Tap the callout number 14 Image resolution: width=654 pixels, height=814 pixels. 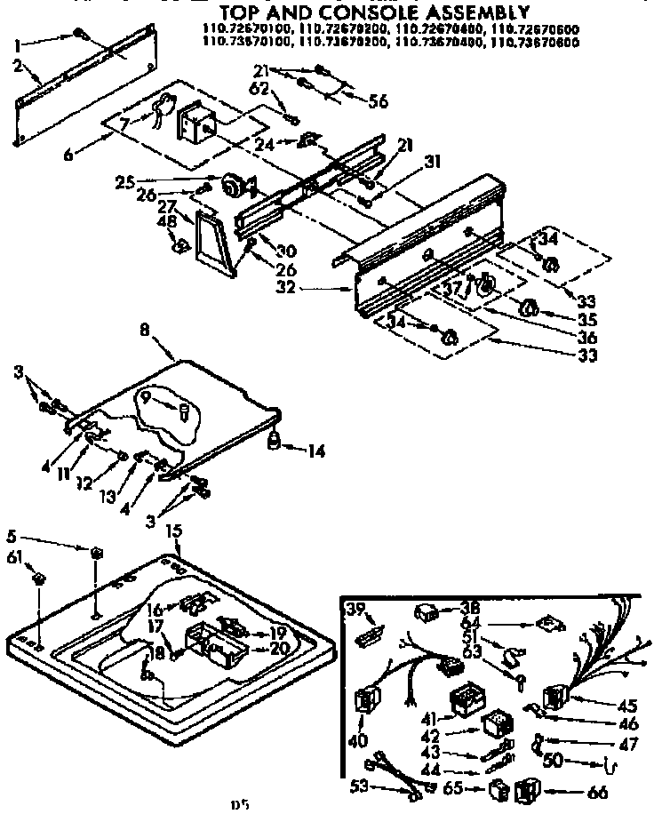tap(315, 451)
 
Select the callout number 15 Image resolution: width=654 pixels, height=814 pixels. tap(174, 531)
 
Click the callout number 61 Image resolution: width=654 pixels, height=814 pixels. tap(13, 557)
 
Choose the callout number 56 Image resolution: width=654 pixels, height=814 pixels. tap(379, 101)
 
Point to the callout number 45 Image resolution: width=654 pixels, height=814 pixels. tap(628, 706)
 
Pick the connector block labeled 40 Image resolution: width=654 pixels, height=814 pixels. tap(364, 701)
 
